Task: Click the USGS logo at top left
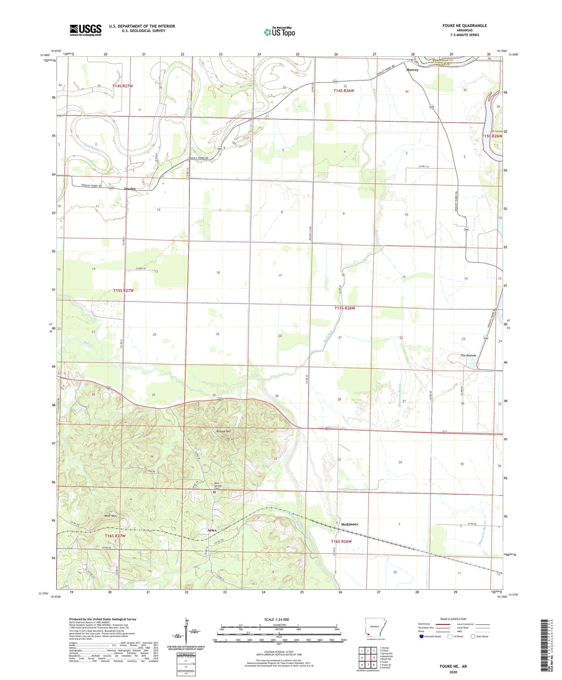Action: pos(85,30)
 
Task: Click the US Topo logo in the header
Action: pos(280,32)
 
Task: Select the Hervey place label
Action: pos(413,70)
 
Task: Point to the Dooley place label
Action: pos(130,189)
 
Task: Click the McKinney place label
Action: pos(350,524)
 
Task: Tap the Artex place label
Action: pos(212,530)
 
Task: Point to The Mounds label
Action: pos(468,356)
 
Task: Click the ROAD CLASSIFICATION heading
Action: pos(453,619)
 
